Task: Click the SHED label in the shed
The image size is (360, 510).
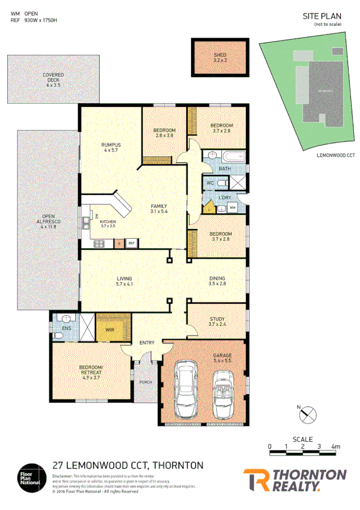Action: [220, 58]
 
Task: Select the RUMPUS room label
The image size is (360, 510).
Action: [111, 147]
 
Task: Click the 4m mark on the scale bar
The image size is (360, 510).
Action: [335, 447]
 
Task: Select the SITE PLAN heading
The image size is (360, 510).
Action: [322, 17]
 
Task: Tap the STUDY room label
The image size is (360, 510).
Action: [217, 322]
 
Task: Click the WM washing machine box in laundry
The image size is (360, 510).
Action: [232, 208]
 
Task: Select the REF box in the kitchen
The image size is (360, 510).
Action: [131, 243]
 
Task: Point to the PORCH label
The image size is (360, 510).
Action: [145, 382]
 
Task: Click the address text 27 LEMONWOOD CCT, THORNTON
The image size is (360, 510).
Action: [127, 465]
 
